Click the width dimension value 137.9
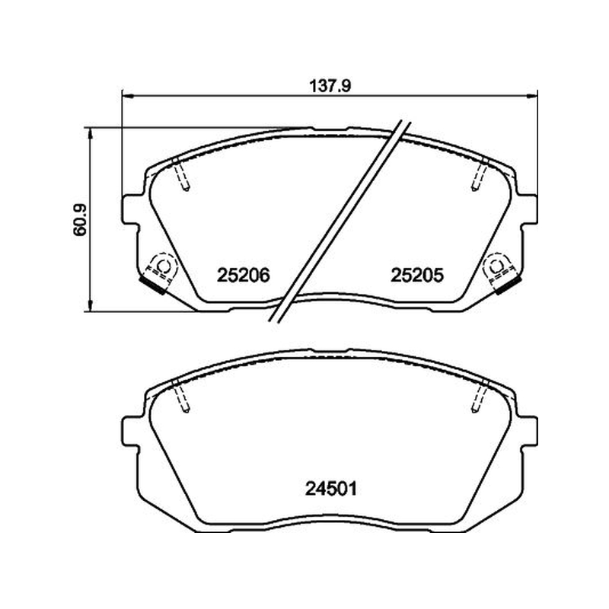tap(330, 86)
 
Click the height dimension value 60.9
tap(80, 219)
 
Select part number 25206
tap(243, 276)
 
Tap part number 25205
tap(416, 276)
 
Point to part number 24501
tap(331, 489)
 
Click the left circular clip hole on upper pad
tap(162, 266)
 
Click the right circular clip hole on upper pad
tap(497, 266)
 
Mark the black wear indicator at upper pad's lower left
tap(153, 285)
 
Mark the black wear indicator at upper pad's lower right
tap(507, 285)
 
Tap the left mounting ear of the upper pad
tap(130, 210)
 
